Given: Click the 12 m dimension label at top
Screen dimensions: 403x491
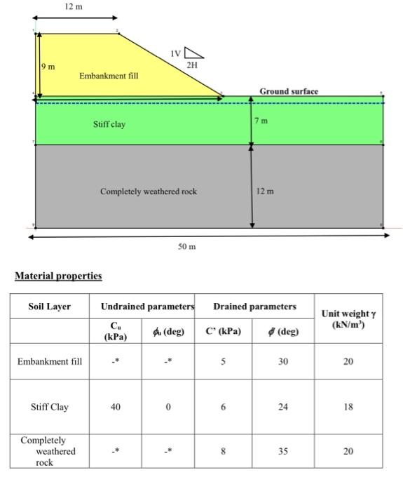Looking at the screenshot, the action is tap(74, 6).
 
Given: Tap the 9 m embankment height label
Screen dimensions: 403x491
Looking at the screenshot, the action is tap(49, 66).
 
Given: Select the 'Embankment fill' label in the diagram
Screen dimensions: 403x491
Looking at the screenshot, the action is tap(109, 75).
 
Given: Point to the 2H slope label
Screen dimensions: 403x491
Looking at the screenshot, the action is tap(192, 65).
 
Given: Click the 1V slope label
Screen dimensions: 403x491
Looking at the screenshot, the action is tap(175, 53).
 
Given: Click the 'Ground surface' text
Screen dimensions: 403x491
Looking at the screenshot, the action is tap(289, 91).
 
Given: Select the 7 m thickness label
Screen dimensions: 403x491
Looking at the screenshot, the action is tap(261, 121).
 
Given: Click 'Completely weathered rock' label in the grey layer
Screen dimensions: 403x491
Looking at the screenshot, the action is tap(149, 191).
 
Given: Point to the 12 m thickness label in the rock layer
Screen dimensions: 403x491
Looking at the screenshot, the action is tap(265, 191).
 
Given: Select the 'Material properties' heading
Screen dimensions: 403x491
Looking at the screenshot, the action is tap(58, 276).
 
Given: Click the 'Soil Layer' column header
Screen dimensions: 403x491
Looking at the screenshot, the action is tap(50, 307).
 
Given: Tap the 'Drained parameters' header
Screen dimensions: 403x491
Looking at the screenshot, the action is tap(255, 307).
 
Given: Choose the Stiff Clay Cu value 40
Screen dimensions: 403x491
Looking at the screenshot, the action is tap(116, 407).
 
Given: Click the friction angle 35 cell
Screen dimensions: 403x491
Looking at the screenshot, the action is tap(282, 451).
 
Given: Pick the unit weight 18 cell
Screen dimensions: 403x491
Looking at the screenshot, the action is tap(348, 407).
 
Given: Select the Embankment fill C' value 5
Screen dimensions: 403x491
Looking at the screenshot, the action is tap(223, 361).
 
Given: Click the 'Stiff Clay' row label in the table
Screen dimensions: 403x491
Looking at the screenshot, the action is tap(50, 407).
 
